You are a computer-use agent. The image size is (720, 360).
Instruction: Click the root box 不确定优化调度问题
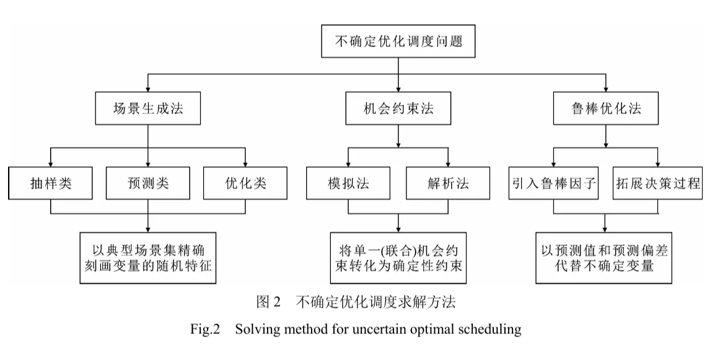(397, 43)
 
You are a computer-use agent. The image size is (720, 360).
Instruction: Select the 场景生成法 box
(147, 108)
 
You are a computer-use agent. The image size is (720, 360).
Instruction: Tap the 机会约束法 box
(397, 108)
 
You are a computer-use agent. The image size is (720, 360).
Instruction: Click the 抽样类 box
(51, 183)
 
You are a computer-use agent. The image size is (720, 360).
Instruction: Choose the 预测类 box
(147, 183)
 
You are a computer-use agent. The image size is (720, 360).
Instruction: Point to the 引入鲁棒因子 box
(554, 183)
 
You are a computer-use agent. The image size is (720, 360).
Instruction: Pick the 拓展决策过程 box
(658, 183)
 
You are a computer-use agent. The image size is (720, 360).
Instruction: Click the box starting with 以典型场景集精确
(147, 258)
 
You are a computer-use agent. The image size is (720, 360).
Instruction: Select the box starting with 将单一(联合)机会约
(397, 258)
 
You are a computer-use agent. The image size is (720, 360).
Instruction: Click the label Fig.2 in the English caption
(206, 329)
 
